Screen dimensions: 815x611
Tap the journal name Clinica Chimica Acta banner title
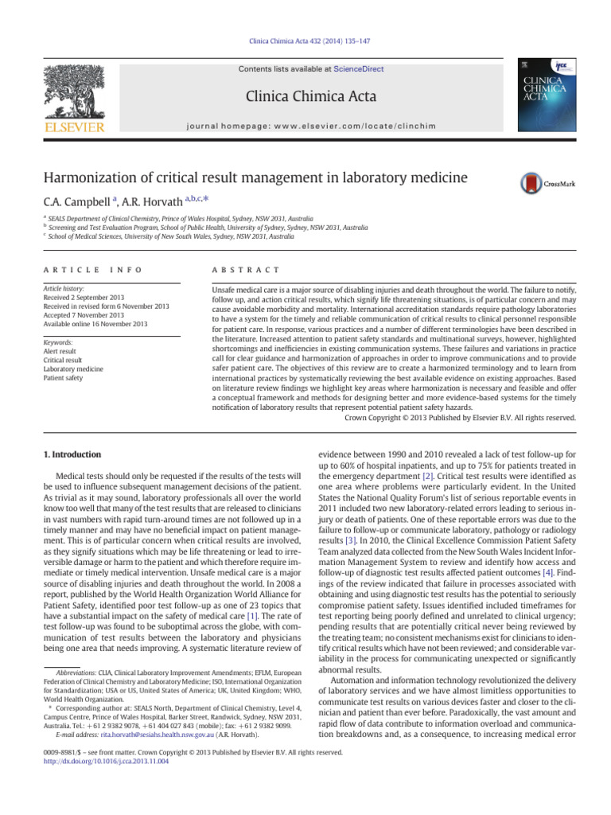click(x=311, y=98)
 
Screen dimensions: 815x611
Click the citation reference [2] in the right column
click(x=428, y=475)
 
